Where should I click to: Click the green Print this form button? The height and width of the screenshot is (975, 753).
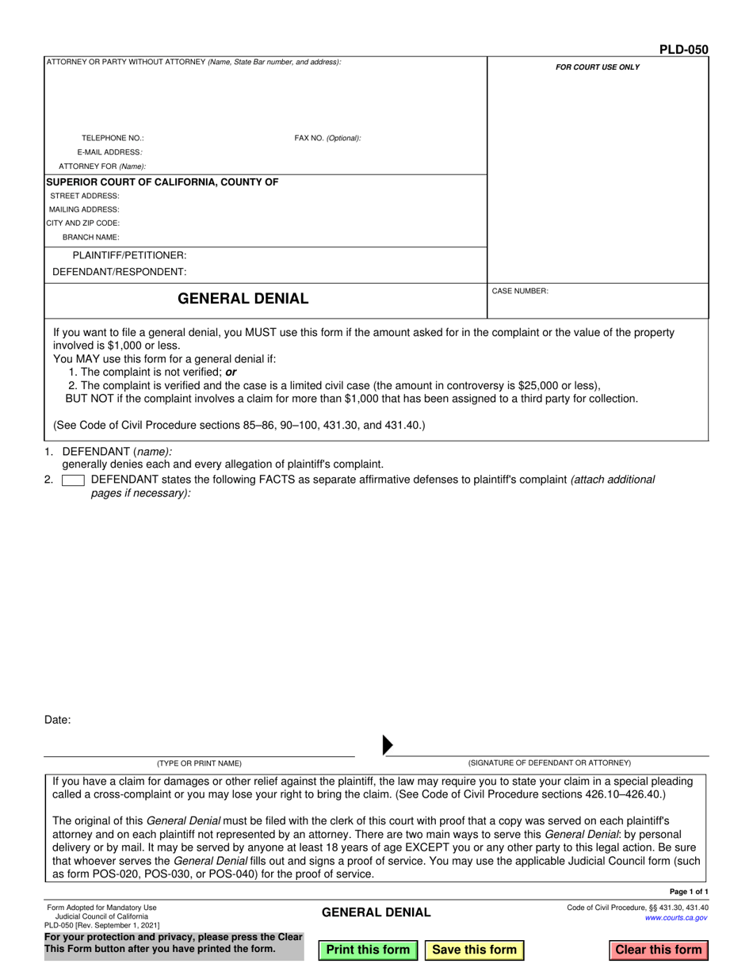coord(368,950)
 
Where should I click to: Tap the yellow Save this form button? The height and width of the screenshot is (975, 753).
coord(474,950)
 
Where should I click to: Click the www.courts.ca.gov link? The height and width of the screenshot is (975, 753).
coord(676,918)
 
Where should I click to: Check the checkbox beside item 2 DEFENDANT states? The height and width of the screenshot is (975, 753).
coord(73,480)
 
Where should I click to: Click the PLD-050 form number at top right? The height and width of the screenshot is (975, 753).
coord(684,49)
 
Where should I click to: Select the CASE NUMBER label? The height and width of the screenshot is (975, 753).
coord(519,291)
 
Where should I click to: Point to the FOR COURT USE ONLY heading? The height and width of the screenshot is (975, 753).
coord(597,67)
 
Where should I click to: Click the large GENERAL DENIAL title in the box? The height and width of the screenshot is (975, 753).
coord(243,299)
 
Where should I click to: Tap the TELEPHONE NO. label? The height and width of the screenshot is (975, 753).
coord(113,138)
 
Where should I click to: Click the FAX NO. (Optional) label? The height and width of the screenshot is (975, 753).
coord(327,138)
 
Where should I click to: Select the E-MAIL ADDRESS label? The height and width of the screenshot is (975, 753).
coord(109,152)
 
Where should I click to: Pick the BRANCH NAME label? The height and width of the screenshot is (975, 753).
coord(91,237)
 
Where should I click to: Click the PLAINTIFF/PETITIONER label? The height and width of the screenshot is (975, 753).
coord(129,255)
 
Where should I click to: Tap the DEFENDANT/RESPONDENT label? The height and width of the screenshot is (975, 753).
coord(120,272)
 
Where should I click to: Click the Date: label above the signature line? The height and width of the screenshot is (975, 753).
coord(57,720)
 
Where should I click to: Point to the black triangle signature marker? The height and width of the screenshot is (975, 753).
coord(388,745)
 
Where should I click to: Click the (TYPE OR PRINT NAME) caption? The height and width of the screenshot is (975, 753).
coord(199,763)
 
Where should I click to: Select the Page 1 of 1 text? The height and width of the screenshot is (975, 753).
coord(688,892)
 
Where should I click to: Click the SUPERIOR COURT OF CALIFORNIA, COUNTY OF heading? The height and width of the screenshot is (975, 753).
coord(162,182)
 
